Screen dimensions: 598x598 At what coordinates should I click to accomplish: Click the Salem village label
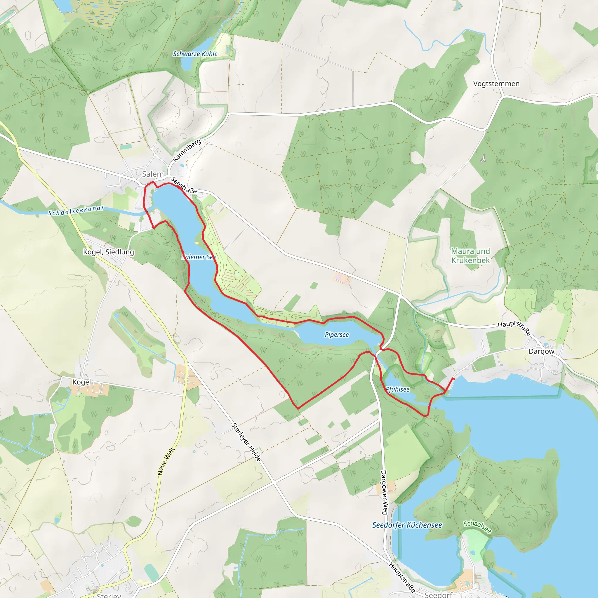153,174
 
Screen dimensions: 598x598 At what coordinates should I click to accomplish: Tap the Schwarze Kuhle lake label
195,54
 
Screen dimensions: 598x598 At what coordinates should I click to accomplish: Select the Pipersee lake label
337,335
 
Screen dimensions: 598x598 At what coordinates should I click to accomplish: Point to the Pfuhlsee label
398,390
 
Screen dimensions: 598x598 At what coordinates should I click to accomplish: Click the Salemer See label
199,257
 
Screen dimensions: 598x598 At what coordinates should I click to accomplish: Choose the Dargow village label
541,351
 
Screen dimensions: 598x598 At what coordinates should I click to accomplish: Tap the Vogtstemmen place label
496,84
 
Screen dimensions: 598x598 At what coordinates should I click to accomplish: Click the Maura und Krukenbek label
470,256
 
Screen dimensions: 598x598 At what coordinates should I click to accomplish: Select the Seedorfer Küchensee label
407,525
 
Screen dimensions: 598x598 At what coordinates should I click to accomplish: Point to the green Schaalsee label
477,527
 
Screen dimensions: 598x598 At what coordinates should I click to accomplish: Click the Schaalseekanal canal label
76,211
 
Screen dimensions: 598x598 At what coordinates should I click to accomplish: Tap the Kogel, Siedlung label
108,252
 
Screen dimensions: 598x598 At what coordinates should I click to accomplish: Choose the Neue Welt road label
166,461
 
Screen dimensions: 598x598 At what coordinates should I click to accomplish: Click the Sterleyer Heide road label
246,442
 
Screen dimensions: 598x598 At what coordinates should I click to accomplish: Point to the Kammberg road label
187,150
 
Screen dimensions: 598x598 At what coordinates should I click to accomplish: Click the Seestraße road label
184,185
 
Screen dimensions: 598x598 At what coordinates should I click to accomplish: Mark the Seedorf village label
438,594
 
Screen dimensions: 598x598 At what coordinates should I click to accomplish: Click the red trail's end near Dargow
454,378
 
